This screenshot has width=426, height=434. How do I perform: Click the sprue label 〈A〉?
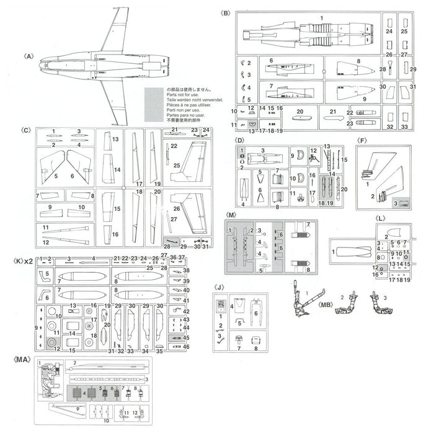point(28,55)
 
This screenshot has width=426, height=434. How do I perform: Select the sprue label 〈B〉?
point(225,13)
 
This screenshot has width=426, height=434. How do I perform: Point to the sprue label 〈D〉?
point(241,141)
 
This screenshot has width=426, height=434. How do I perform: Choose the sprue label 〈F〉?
point(362,141)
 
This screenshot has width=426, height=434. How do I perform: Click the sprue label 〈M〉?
point(231,214)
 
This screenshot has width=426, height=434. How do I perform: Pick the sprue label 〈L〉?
point(381,219)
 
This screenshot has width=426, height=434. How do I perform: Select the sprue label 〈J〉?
point(217,288)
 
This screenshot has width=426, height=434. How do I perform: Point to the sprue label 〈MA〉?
point(22,358)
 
